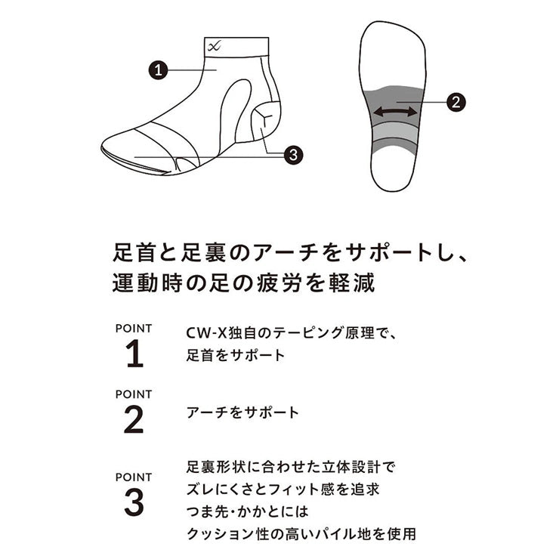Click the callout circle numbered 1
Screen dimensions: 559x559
click(158, 69)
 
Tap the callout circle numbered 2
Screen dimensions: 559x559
click(456, 102)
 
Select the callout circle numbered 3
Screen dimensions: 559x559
click(293, 155)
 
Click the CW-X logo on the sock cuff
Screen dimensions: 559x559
click(215, 46)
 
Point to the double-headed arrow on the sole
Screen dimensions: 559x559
click(395, 113)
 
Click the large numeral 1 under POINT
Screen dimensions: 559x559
click(134, 354)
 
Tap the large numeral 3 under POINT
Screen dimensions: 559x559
click(134, 502)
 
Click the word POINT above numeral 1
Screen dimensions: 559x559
click(134, 329)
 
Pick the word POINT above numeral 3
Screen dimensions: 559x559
click(134, 477)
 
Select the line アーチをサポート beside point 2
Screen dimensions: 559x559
click(242, 412)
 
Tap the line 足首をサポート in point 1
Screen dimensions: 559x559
click(235, 355)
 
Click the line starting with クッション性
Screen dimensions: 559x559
click(301, 533)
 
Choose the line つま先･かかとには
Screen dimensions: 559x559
click(247, 511)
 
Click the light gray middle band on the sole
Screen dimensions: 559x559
click(394, 131)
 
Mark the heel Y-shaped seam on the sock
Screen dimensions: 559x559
click(264, 116)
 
